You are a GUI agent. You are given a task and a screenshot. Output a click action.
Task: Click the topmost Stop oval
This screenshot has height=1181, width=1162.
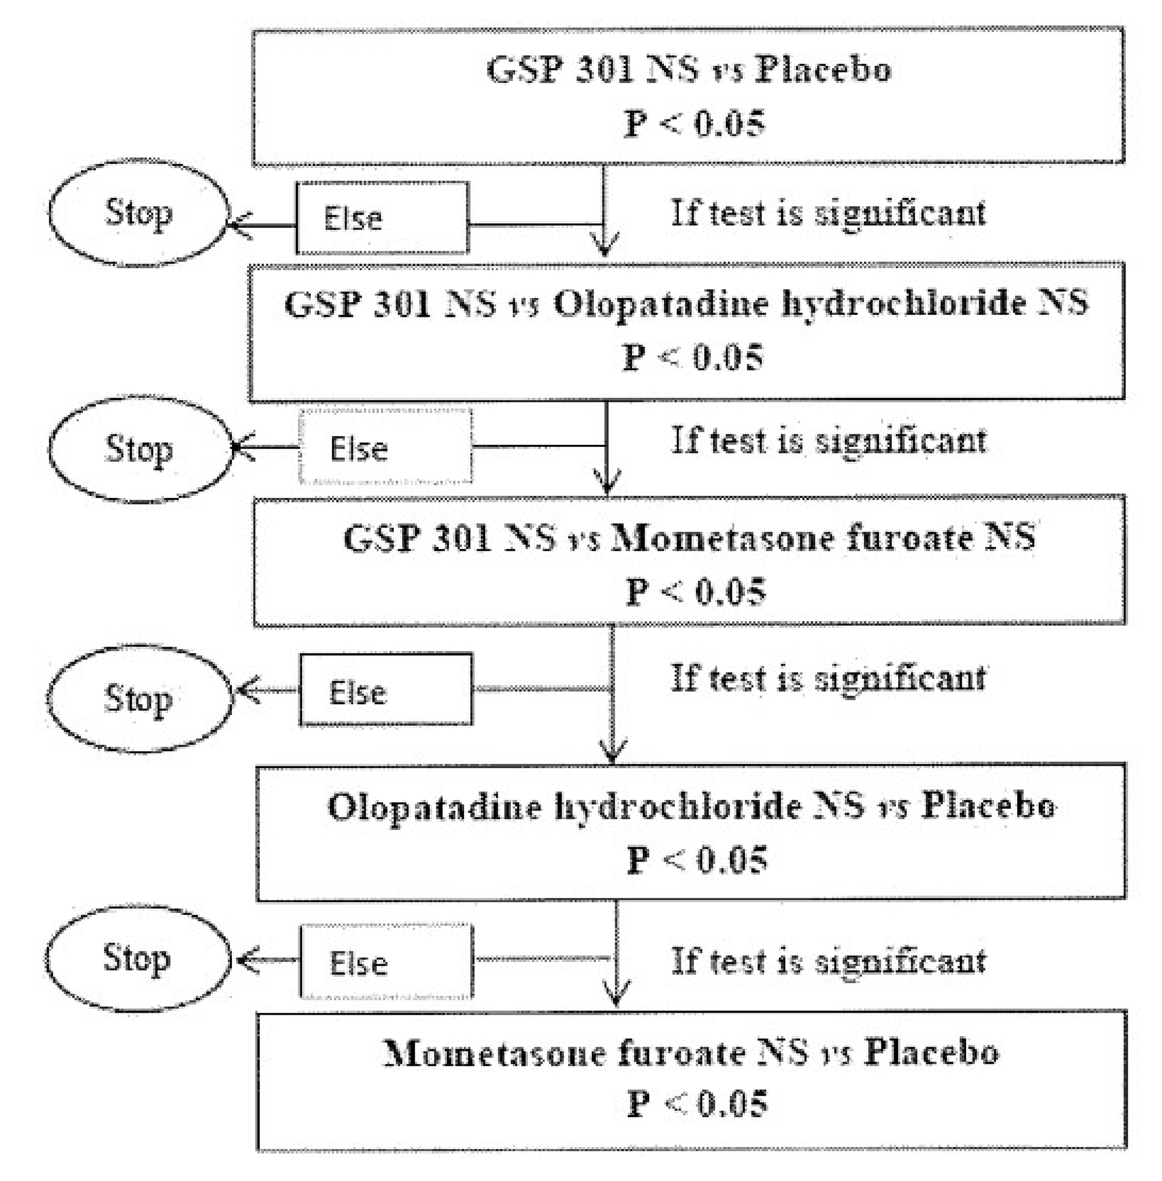(x=138, y=214)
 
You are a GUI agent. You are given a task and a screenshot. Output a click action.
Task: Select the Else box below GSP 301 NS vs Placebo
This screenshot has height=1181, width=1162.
(x=382, y=218)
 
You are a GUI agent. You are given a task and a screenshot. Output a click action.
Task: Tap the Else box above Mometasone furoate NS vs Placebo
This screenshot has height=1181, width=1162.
(x=386, y=962)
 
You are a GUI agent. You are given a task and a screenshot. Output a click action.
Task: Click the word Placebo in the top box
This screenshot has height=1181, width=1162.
(x=823, y=69)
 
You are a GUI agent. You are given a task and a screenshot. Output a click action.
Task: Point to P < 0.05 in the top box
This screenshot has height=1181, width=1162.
(x=694, y=124)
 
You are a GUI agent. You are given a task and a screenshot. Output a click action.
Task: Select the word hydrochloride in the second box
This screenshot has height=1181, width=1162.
(x=904, y=304)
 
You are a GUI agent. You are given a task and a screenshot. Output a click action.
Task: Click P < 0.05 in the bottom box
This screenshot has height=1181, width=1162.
(x=697, y=1104)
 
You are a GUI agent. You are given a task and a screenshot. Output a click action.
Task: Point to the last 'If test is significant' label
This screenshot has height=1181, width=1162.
(x=828, y=961)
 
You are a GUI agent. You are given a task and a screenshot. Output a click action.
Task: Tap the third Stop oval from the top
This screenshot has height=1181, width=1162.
(x=139, y=699)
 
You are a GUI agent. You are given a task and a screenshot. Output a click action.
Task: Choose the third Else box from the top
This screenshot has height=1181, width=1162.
(x=386, y=690)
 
